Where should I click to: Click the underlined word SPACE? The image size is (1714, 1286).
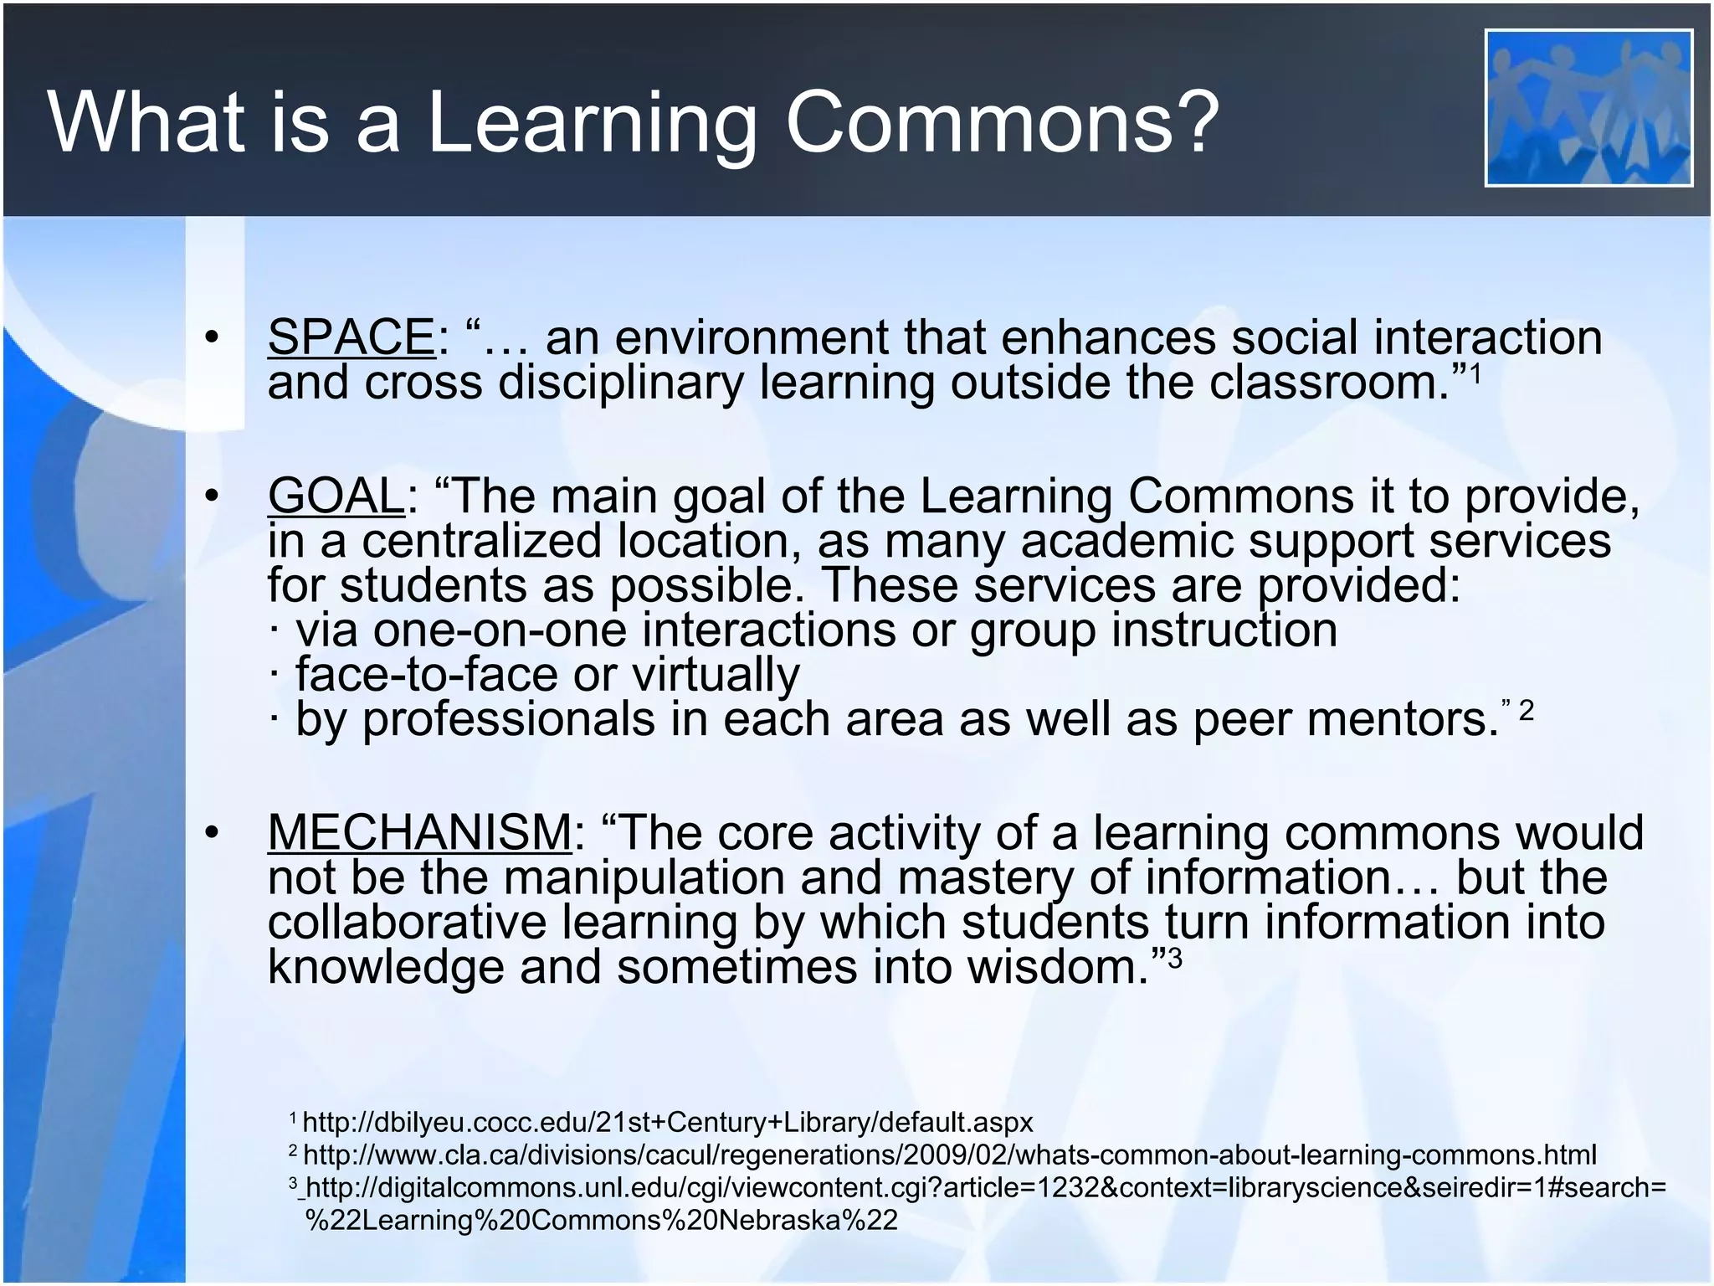tap(351, 337)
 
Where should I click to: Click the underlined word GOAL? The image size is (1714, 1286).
tap(336, 496)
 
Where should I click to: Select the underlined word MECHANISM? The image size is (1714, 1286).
tap(419, 833)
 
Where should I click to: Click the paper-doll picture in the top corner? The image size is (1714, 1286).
tap(1588, 108)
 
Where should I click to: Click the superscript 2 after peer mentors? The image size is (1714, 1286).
tap(1526, 711)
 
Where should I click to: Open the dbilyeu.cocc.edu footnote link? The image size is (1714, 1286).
tap(667, 1122)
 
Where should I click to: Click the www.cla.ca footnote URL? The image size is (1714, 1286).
tap(949, 1155)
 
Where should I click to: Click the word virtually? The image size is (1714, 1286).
tap(716, 675)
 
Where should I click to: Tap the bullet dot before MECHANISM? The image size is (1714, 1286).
tap(212, 833)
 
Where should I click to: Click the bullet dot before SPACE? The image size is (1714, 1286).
tap(212, 337)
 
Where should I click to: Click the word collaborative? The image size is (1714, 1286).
tap(407, 922)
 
